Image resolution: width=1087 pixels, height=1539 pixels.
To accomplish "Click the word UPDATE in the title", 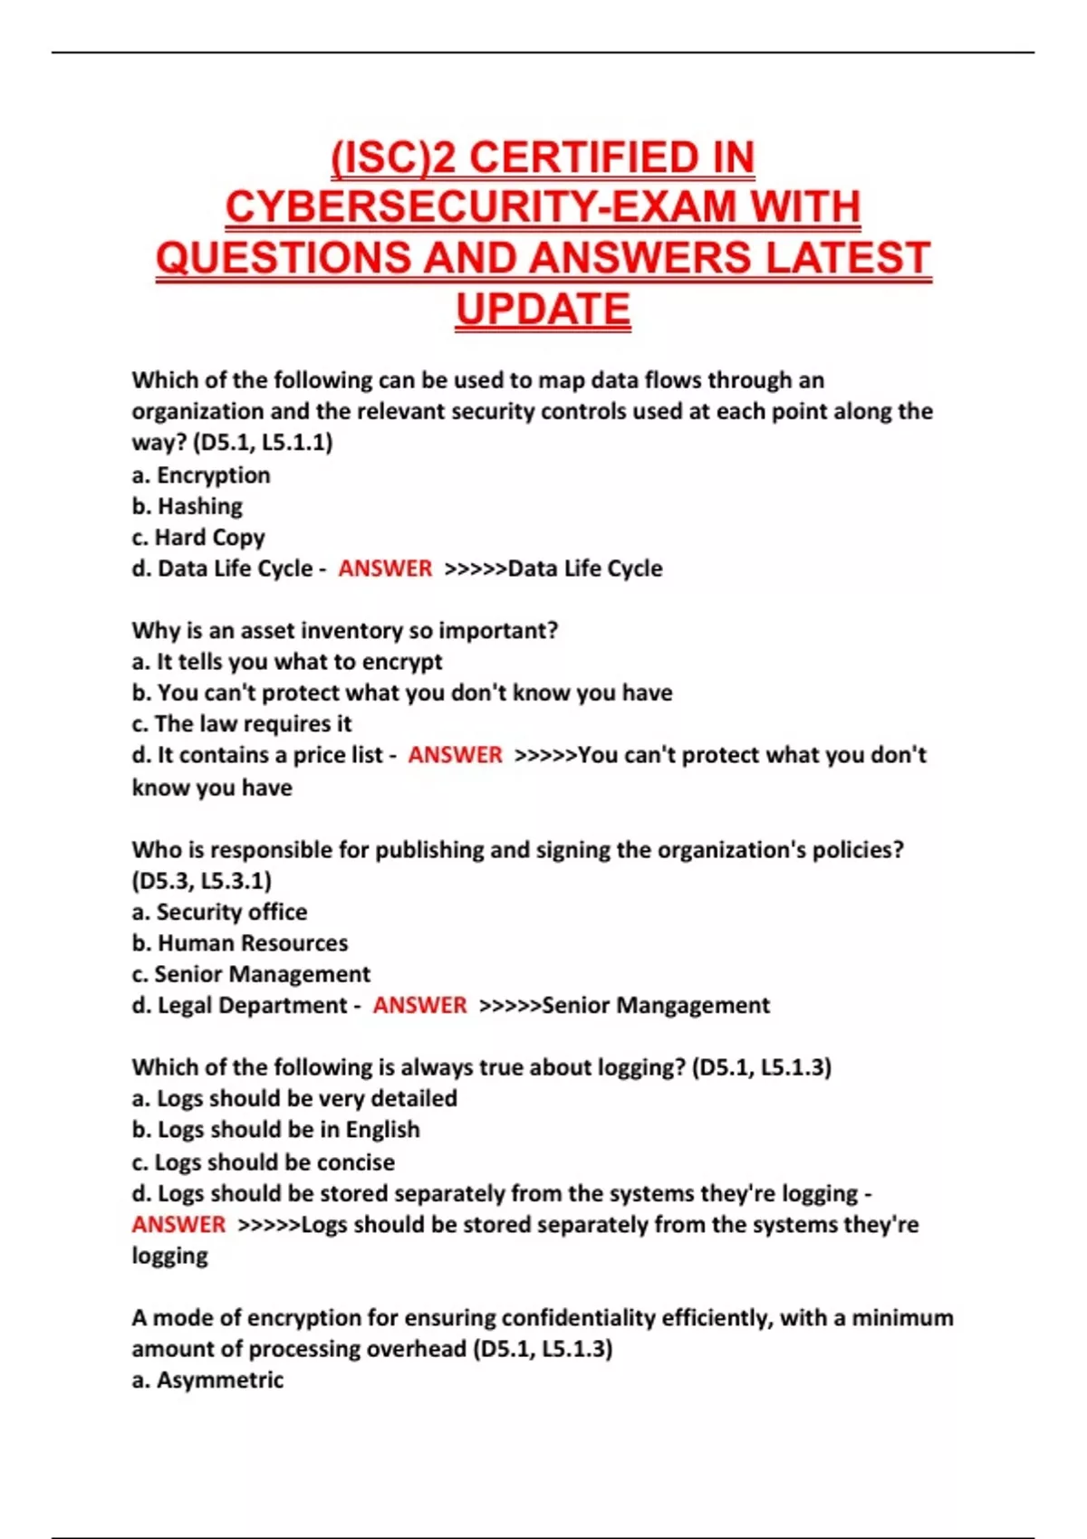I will (x=543, y=310).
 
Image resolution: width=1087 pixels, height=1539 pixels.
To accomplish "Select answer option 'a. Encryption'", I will (x=201, y=475).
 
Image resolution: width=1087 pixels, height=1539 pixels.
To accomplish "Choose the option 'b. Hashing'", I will (x=188, y=506).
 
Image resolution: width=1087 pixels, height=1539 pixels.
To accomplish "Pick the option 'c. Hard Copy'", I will (x=198, y=538).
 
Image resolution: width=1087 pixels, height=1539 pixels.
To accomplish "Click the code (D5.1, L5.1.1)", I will (x=263, y=443).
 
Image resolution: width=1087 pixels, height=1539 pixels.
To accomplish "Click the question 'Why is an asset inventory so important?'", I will (x=344, y=630).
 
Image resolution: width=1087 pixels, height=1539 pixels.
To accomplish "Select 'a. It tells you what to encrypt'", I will (x=287, y=662).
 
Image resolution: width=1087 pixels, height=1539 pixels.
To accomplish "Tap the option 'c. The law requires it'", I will (x=242, y=724).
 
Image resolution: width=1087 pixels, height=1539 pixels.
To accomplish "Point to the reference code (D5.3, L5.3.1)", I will (x=201, y=881).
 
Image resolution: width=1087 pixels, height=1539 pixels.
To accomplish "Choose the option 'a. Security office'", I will (x=219, y=912).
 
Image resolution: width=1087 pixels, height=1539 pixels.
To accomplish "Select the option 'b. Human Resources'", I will (x=240, y=943).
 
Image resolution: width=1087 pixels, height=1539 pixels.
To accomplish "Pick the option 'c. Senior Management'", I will (x=251, y=974).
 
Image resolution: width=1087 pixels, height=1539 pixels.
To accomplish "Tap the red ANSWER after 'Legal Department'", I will (x=419, y=1006).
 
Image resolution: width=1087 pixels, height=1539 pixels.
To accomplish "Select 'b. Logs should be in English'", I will (x=276, y=1130).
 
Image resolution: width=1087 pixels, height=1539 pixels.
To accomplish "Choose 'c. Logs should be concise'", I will (x=264, y=1162).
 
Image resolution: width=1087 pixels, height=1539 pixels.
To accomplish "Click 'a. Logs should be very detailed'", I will (x=294, y=1099).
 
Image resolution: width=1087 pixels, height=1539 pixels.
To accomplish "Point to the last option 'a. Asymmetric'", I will (x=207, y=1381).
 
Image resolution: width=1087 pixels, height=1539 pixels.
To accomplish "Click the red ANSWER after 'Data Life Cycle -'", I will (x=385, y=569).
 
